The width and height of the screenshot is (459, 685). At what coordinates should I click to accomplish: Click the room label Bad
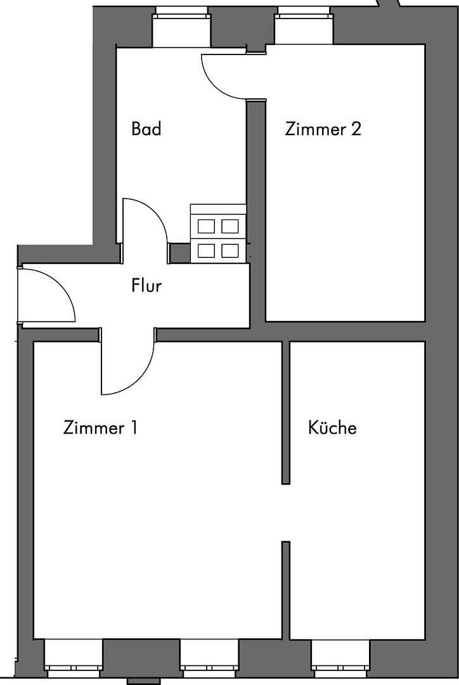click(x=146, y=129)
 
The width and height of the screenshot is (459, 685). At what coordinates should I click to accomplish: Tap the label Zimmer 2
click(x=323, y=129)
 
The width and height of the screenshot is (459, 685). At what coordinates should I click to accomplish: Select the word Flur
click(x=146, y=285)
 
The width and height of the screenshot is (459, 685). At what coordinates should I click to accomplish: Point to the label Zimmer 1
click(x=100, y=427)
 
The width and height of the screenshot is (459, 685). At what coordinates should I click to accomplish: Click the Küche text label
click(x=332, y=427)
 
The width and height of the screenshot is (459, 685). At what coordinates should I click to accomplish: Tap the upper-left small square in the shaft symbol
click(x=206, y=226)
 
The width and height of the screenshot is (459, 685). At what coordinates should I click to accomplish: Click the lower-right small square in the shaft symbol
click(x=229, y=251)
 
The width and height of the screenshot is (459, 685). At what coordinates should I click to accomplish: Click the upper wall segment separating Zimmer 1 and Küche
click(x=286, y=412)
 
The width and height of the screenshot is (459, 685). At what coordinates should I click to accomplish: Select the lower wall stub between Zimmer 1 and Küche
click(x=286, y=590)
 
